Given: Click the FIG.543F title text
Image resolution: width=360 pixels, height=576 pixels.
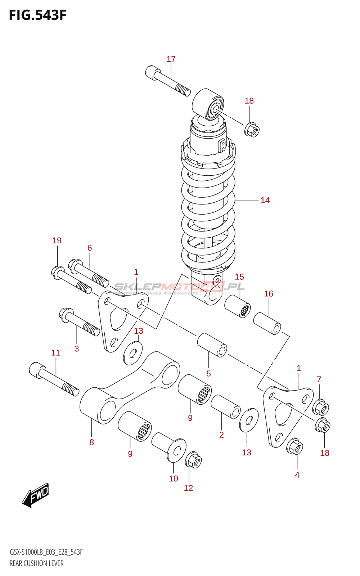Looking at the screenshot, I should click(37, 15).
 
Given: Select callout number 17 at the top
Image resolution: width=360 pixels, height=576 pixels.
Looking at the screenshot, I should click(171, 59).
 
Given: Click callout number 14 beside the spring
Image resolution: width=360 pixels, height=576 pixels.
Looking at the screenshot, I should click(265, 200).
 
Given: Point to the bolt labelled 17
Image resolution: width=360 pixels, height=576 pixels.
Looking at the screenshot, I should click(167, 81).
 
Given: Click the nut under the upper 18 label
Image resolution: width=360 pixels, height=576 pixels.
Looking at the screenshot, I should click(252, 130).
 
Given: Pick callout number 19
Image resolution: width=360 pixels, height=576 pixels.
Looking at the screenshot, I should click(57, 240).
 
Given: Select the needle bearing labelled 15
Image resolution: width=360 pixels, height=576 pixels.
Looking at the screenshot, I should click(238, 306).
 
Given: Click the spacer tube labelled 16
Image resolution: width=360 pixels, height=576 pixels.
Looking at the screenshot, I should click(267, 324).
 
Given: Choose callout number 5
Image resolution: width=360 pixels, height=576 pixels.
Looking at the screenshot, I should click(208, 374).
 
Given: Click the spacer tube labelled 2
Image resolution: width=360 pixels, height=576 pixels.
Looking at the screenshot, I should click(226, 406).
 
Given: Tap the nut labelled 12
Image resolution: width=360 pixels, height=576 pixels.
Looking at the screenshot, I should click(193, 460).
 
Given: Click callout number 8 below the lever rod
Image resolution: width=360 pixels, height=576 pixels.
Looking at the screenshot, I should click(91, 442).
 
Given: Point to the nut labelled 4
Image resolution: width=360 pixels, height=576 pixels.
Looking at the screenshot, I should click(294, 446).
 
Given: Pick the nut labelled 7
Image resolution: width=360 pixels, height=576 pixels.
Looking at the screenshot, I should click(320, 407).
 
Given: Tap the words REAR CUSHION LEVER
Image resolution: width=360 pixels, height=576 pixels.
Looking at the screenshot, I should click(36, 563).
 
